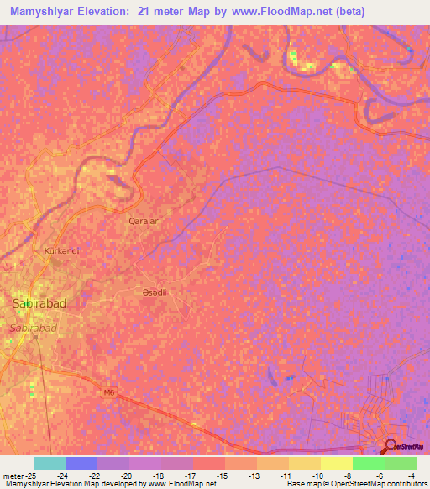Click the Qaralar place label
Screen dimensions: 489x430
pyautogui.click(x=143, y=221)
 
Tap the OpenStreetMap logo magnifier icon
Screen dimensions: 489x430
pyautogui.click(x=390, y=445)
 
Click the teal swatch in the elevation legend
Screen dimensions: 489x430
pyautogui.click(x=50, y=463)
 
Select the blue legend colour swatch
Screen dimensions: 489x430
pyautogui.click(x=81, y=463)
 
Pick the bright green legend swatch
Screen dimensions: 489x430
pyautogui.click(x=368, y=463)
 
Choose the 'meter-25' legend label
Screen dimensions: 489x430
pyautogui.click(x=19, y=476)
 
